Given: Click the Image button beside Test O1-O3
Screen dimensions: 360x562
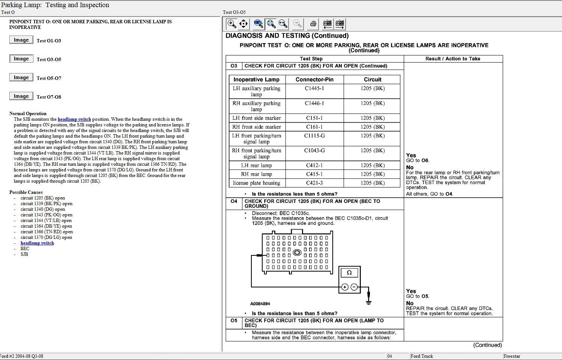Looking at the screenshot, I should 21,40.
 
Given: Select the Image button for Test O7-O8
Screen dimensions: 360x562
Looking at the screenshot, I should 21,96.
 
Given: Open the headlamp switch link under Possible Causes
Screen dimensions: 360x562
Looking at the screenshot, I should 37,243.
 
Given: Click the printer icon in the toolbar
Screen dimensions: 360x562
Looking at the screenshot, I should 313,24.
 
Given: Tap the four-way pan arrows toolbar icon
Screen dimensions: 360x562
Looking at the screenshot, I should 243,24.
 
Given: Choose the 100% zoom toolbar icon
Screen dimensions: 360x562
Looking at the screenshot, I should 258,24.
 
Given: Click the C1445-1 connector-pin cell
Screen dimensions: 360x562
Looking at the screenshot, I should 314,88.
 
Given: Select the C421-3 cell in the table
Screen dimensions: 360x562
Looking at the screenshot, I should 314,183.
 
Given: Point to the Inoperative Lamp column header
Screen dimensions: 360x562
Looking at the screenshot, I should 256,79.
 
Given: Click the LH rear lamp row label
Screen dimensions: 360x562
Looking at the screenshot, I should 256,165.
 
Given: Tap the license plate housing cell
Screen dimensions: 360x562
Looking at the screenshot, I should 256,183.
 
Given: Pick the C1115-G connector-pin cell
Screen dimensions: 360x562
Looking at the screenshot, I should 314,136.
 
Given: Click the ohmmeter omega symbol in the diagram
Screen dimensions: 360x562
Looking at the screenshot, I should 349,273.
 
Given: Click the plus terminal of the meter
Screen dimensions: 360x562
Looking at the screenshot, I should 344,287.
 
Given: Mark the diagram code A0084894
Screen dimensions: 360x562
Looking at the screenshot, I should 260,304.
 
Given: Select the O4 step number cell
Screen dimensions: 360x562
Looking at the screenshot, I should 234,201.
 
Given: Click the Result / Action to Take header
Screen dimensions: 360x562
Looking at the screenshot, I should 452,59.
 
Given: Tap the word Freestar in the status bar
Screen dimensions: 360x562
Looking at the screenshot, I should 512,356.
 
